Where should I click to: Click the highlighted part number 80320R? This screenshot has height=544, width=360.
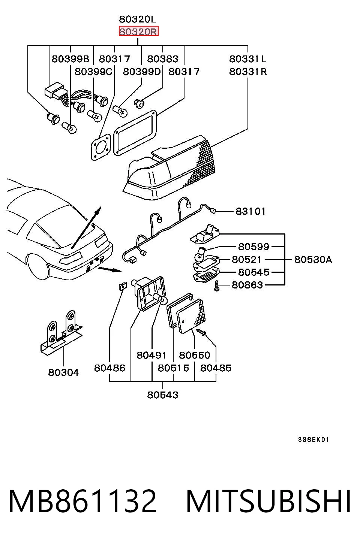click(138, 31)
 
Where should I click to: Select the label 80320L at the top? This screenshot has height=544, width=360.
click(138, 19)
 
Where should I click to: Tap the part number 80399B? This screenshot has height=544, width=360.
click(70, 59)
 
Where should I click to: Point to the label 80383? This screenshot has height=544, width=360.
click(163, 59)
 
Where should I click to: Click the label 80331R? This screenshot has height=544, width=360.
click(248, 72)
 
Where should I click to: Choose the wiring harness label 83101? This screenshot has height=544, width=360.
click(250, 211)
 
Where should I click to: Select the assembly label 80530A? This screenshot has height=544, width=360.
click(313, 259)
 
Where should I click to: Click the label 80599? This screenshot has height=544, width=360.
click(254, 247)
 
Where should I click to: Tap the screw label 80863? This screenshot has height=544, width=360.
click(247, 285)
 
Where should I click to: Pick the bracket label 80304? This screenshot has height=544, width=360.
click(63, 372)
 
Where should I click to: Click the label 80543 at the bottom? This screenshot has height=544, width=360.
click(163, 395)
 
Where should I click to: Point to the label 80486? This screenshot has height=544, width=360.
click(109, 368)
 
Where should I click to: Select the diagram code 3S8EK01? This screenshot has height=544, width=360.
click(313, 440)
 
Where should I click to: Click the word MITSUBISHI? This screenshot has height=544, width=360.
click(268, 501)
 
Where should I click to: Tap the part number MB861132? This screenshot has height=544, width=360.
click(82, 501)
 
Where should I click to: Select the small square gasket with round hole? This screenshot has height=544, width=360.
click(100, 147)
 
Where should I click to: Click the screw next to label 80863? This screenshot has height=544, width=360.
click(217, 285)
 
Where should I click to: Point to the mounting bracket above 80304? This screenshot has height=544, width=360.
click(61, 333)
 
